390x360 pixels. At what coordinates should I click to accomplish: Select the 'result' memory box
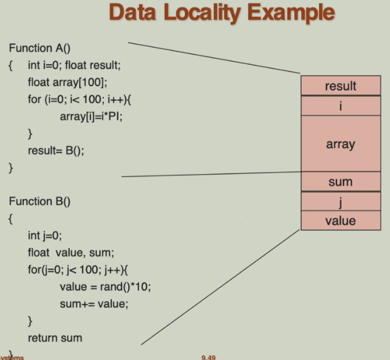[x=340, y=86]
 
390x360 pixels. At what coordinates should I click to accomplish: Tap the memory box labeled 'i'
[x=340, y=106]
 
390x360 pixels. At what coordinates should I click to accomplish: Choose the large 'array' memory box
[x=340, y=144]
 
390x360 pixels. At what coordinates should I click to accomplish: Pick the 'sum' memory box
[x=340, y=182]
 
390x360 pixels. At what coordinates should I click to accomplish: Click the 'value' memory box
[x=340, y=221]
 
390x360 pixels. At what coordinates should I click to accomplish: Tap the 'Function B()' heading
[x=40, y=201]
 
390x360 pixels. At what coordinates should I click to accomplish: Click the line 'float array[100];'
[x=66, y=82]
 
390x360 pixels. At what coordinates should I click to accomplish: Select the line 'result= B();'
[x=55, y=151]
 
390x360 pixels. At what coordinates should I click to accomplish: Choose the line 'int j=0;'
[x=45, y=236]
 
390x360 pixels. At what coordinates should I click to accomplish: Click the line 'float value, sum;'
[x=70, y=253]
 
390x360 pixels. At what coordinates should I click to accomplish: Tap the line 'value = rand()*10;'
[x=106, y=287]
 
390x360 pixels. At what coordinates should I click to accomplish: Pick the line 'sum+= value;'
[x=93, y=304]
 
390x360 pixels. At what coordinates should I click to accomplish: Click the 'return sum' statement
[x=55, y=338]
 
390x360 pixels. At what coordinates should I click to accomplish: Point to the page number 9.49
[x=209, y=357]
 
